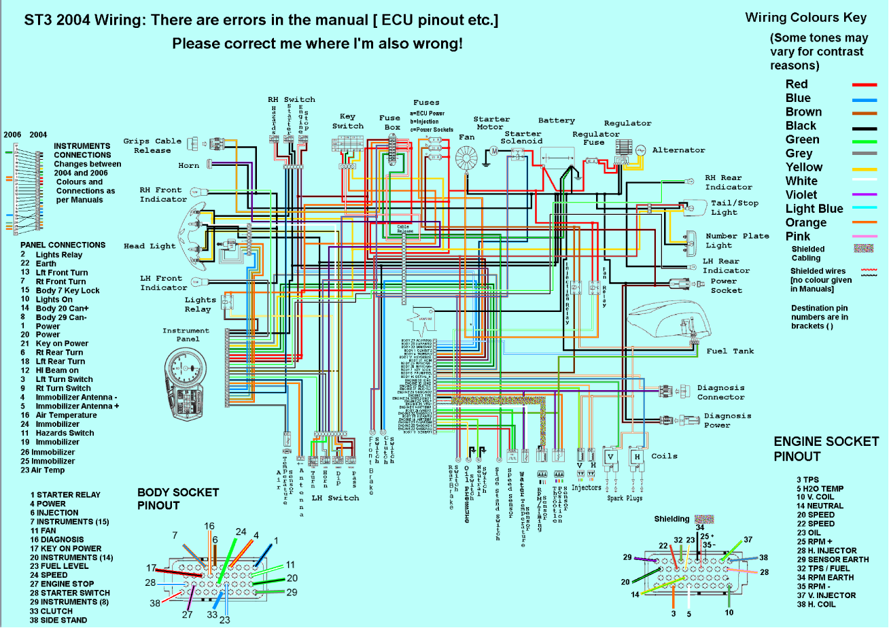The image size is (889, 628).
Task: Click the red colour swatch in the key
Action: [x=865, y=84]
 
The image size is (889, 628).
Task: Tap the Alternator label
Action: [x=678, y=150]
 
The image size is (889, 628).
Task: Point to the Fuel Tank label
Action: [x=731, y=351]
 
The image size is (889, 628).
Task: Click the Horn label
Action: [x=189, y=166]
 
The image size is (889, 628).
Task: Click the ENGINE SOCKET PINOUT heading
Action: [x=826, y=449]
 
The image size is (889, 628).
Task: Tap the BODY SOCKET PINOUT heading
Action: [x=178, y=498]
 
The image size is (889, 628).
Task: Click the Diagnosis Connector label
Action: [x=720, y=393]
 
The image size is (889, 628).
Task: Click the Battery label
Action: [x=557, y=121]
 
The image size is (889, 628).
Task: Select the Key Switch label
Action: [x=348, y=121]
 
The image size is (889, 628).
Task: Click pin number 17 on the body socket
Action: [x=151, y=568]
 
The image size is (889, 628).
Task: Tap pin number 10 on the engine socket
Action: [x=729, y=612]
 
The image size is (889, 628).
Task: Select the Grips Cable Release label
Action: [x=152, y=145]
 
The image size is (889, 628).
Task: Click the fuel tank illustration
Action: [x=672, y=320]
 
